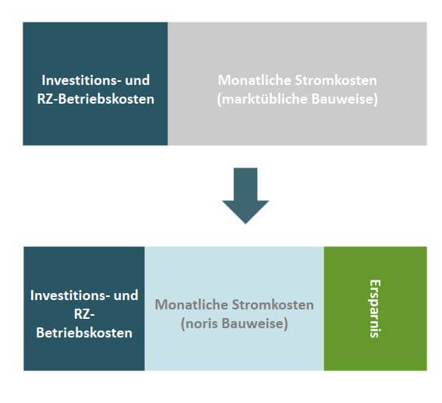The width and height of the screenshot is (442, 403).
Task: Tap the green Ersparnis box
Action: click(x=375, y=309)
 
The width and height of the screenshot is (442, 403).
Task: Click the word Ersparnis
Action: click(x=375, y=309)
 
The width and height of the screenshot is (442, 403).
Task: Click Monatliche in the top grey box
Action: click(x=255, y=80)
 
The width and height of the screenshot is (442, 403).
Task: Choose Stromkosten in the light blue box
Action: click(x=273, y=305)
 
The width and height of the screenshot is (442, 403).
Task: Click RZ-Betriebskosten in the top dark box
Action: click(x=96, y=99)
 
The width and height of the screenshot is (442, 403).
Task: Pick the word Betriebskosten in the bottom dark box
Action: click(x=84, y=333)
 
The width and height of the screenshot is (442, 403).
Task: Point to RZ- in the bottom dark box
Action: click(x=84, y=314)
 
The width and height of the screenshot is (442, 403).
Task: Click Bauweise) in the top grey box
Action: click(x=345, y=99)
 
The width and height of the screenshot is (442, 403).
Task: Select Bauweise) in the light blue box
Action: click(x=255, y=323)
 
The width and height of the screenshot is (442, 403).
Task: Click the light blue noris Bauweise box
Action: click(x=234, y=309)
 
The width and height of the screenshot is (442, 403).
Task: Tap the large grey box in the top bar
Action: click(x=297, y=83)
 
